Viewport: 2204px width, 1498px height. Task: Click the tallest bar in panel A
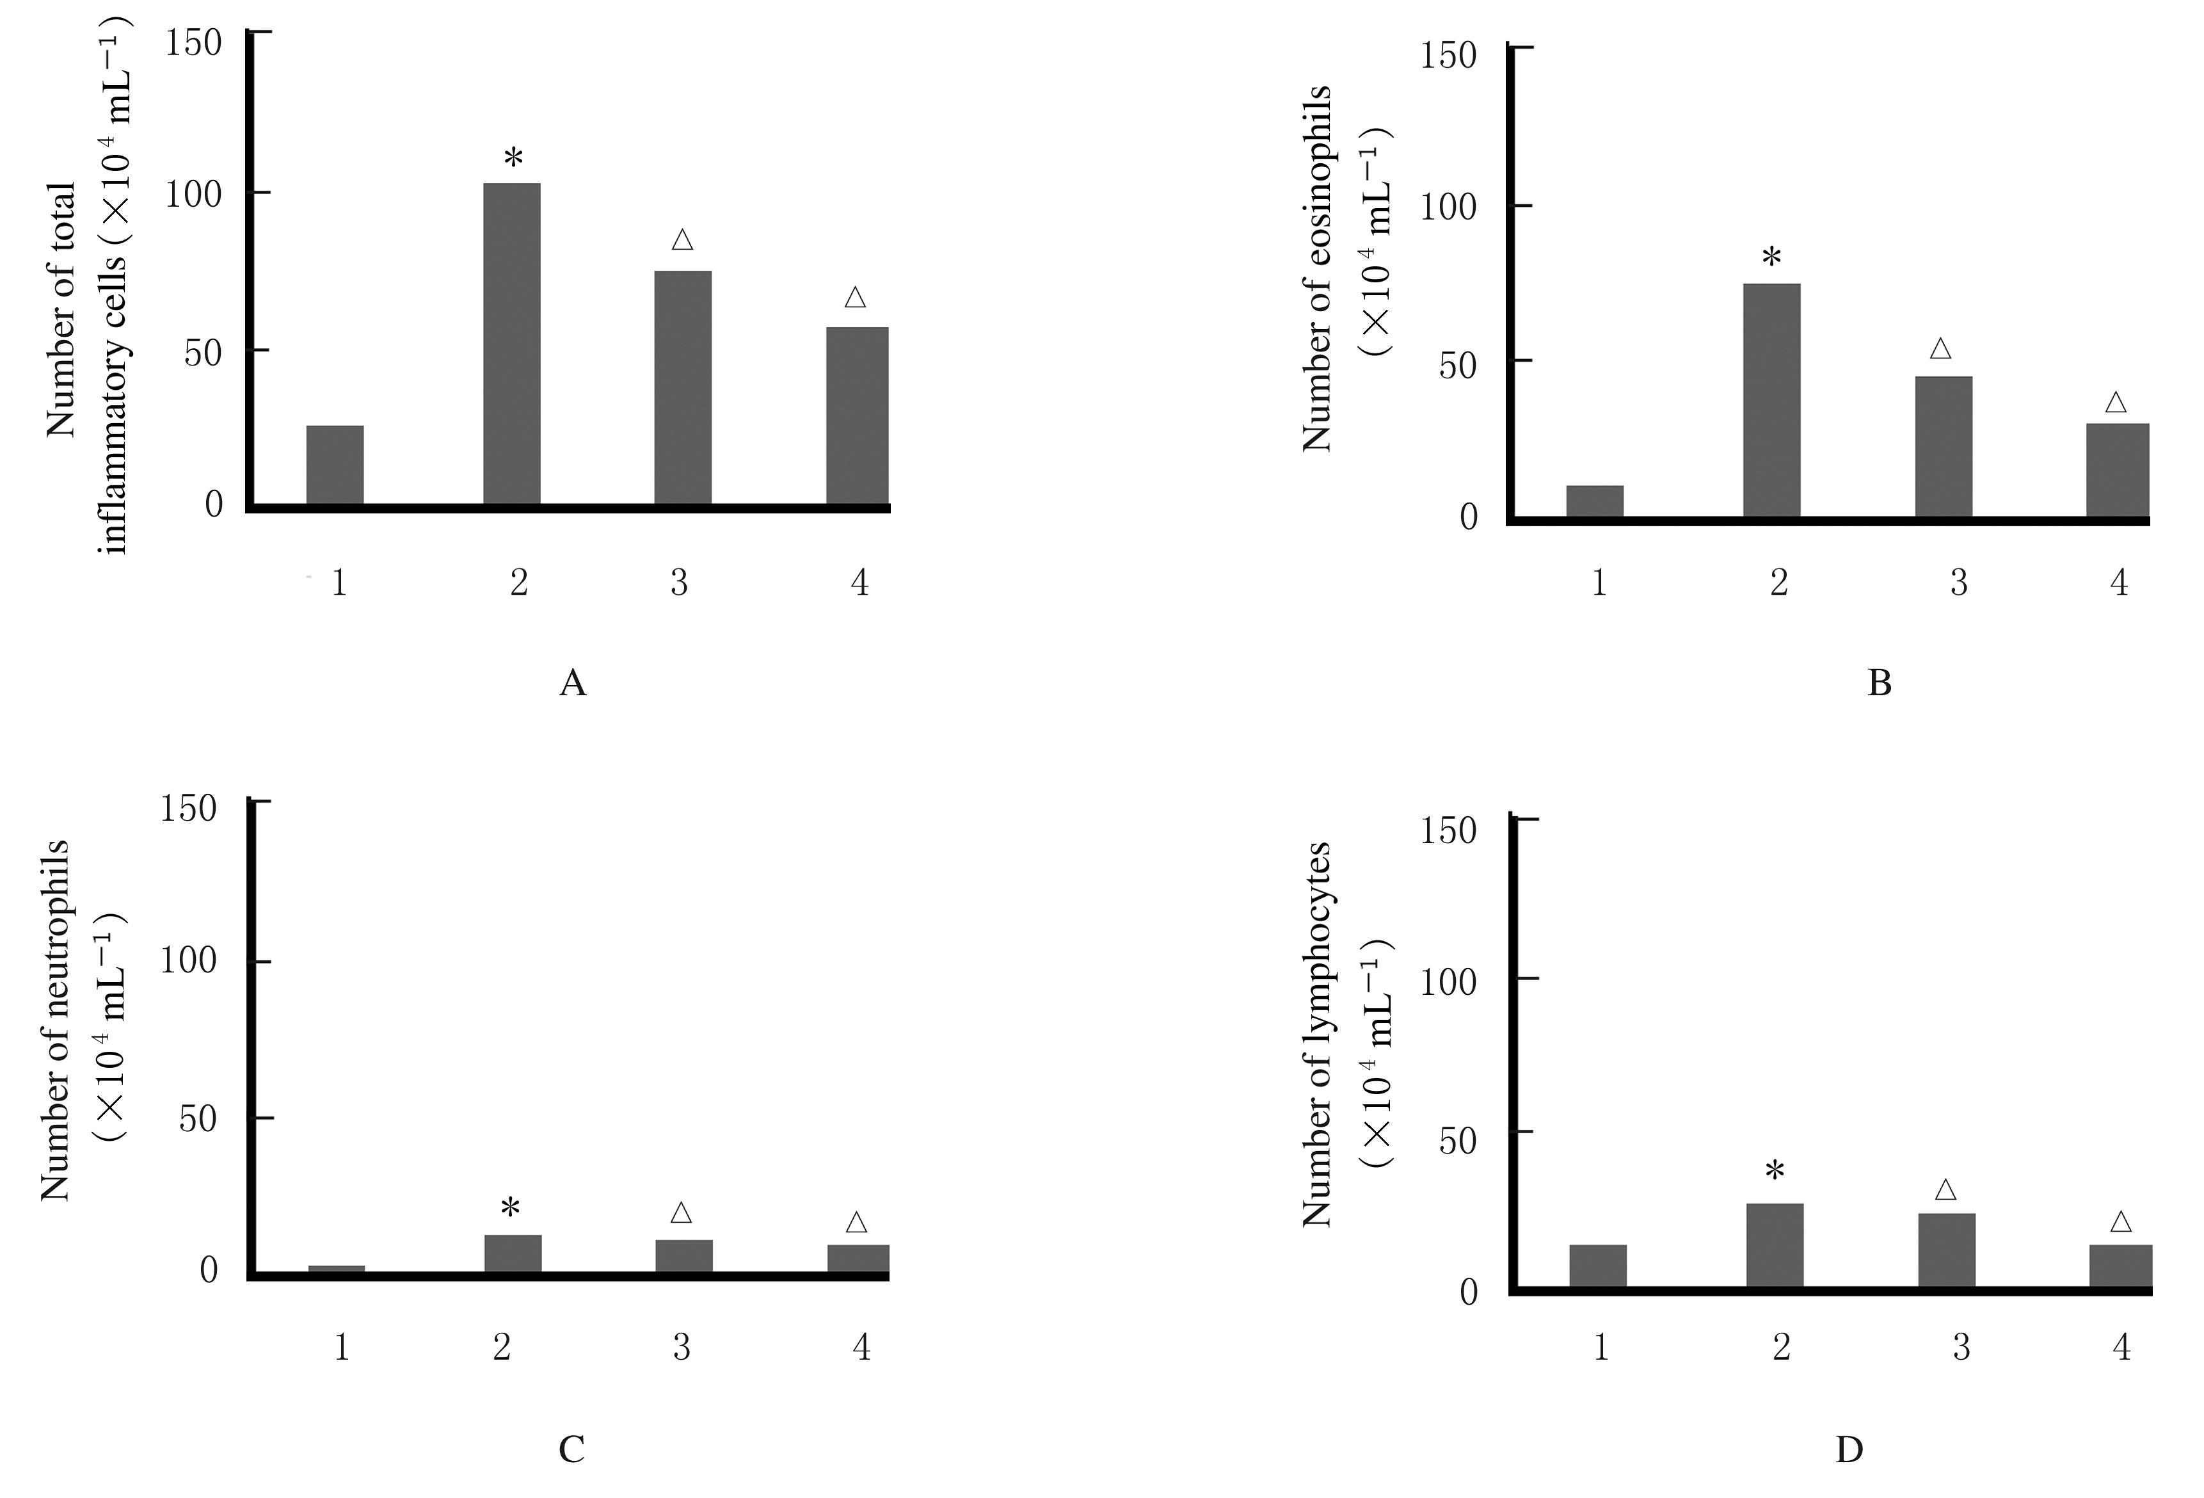point(512,343)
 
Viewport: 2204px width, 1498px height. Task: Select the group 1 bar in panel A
point(335,465)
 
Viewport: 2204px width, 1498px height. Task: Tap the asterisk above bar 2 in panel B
point(1771,258)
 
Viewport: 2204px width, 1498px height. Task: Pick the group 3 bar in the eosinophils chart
point(1943,446)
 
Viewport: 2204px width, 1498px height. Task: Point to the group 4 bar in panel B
point(2118,470)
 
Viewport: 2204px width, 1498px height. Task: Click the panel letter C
point(571,1449)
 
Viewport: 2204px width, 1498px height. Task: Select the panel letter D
point(1849,1449)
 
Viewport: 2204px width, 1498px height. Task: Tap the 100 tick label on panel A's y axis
point(193,195)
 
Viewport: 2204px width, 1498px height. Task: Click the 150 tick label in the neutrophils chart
point(189,809)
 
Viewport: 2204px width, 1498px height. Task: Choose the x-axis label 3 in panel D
point(1960,1347)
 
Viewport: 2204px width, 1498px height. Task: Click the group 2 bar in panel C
point(513,1253)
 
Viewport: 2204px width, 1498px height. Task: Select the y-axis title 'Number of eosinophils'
point(1318,268)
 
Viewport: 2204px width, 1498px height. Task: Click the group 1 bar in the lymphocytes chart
point(1598,1266)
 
